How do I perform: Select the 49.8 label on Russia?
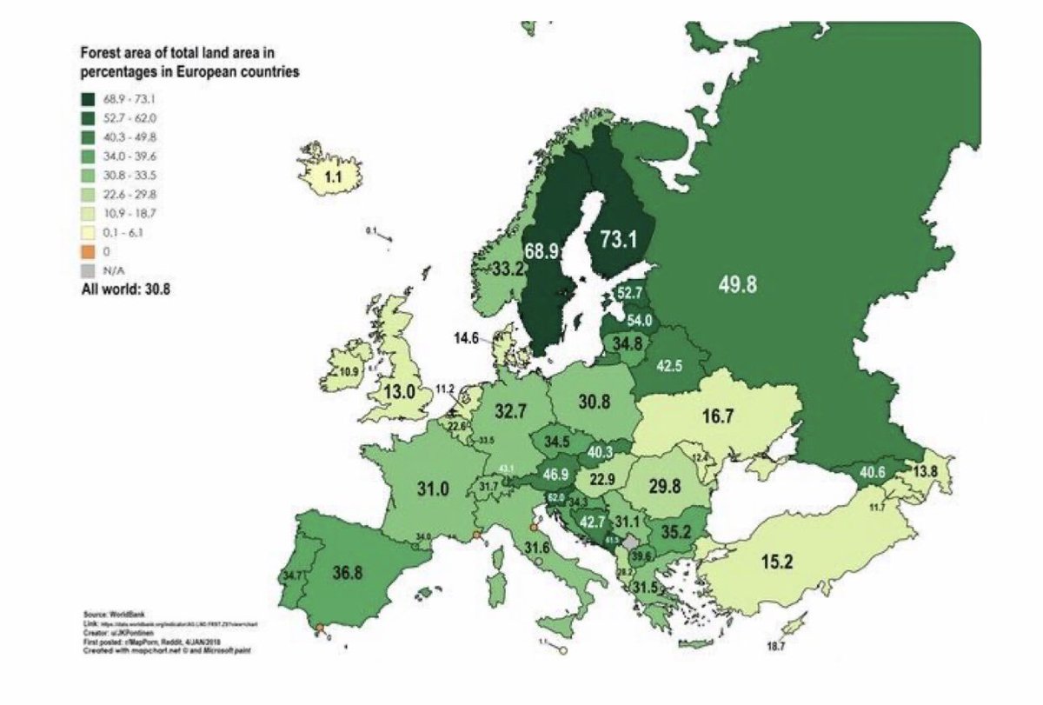click(x=738, y=283)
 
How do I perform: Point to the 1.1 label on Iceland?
click(x=331, y=178)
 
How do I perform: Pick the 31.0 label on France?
click(x=432, y=489)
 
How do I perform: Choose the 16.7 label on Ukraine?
click(x=718, y=417)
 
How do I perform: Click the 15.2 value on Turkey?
click(x=775, y=562)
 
